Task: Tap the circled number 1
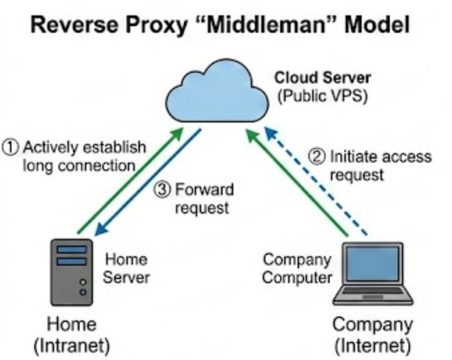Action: tap(10, 147)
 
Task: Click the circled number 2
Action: tap(319, 157)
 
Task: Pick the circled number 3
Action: tap(162, 190)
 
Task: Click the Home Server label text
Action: tap(126, 268)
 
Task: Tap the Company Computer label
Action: tap(296, 268)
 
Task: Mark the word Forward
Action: tap(202, 190)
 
